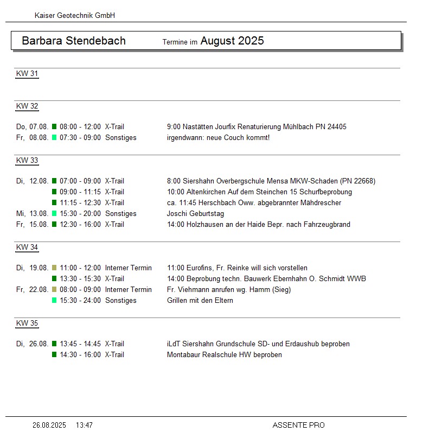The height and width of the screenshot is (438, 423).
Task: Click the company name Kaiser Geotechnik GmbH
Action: (75, 16)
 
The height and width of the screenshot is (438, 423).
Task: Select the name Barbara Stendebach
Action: (74, 41)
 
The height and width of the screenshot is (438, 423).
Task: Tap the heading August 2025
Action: (232, 41)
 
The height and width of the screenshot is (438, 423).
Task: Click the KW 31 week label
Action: (27, 74)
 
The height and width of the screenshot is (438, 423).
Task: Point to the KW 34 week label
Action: (27, 247)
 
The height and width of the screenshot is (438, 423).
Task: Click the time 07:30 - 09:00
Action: (80, 138)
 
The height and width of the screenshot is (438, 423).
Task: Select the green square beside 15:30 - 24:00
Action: (54, 301)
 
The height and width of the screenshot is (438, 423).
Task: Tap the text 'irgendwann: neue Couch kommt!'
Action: (218, 138)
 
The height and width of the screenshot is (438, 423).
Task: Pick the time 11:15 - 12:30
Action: (80, 203)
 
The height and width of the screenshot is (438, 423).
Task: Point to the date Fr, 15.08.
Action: (33, 225)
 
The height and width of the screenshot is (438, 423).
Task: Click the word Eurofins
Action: (200, 268)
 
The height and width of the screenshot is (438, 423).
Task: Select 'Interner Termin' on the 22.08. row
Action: (129, 290)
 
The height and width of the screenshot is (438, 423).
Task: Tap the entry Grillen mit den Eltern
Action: (200, 301)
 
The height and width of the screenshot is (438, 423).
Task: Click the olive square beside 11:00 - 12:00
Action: (54, 268)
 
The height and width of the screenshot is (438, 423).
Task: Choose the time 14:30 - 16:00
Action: (80, 355)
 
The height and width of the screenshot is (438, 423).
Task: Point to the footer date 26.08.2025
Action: (49, 426)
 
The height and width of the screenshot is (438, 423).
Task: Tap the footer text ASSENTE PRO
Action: (298, 426)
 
